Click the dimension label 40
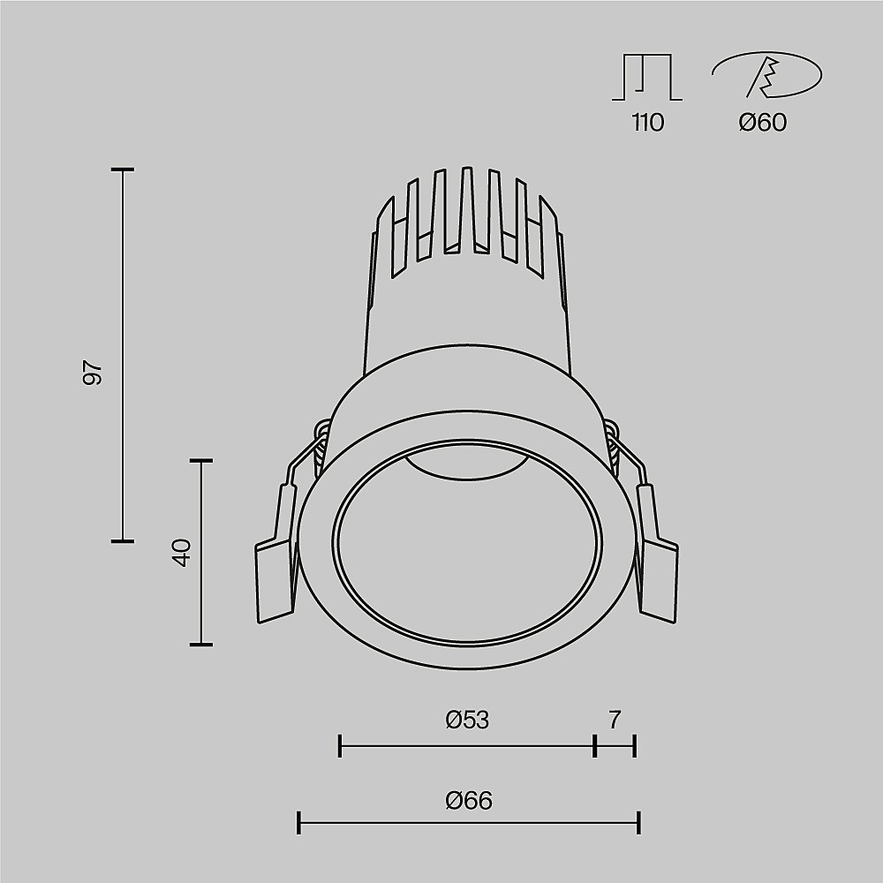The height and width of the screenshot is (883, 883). pos(182,554)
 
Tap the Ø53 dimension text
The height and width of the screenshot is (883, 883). pos(467,721)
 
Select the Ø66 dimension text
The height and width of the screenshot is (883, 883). pos(469,801)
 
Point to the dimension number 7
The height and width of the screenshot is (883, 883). pos(615,721)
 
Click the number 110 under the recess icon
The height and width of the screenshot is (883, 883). pos(647,123)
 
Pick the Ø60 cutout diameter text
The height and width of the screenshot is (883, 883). pos(763,123)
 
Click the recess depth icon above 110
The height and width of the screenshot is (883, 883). pos(647,78)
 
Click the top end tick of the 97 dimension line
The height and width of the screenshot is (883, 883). pos(122,169)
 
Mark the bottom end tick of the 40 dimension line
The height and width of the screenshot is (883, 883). pos(201,645)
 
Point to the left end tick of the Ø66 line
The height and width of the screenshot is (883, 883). pos(299,824)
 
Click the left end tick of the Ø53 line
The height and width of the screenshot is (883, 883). pos(340,746)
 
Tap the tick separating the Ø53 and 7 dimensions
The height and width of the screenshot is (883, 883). pos(595,746)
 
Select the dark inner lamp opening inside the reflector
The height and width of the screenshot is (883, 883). pos(466,459)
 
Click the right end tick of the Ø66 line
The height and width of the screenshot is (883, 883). pos(638,824)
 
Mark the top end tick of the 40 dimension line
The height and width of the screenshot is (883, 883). pos(201,460)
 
